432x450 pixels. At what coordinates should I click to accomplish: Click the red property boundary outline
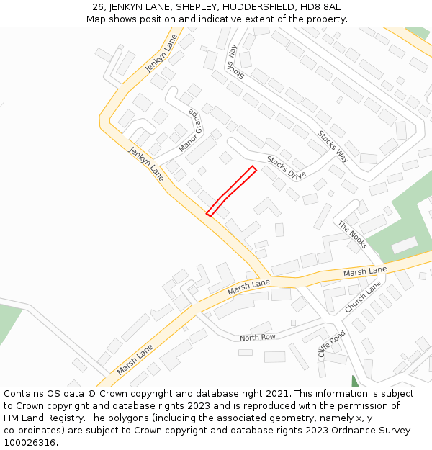pos(231,191)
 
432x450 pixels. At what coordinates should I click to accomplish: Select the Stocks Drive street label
pos(286,168)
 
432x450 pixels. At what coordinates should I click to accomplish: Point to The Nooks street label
pos(353,235)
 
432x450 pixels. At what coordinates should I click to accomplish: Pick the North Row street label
pos(258,338)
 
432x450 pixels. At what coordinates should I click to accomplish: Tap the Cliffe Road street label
pos(332,344)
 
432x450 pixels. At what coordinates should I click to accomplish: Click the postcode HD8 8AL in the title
pos(320,7)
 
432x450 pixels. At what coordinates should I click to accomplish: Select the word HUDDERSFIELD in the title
pos(255,7)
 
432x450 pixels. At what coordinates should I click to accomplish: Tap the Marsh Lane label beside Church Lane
pos(365,271)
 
